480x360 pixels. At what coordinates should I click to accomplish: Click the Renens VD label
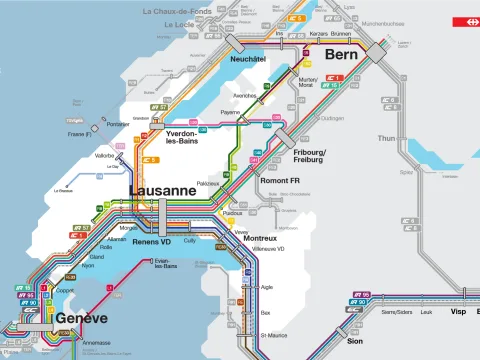pos(153,242)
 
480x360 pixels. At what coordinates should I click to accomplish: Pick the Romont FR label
pos(281,181)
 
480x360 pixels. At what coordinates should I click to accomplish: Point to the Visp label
pos(458,311)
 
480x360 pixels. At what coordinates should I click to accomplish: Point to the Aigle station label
pos(266,286)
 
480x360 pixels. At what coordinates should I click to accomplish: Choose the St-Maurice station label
pos(274,335)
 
